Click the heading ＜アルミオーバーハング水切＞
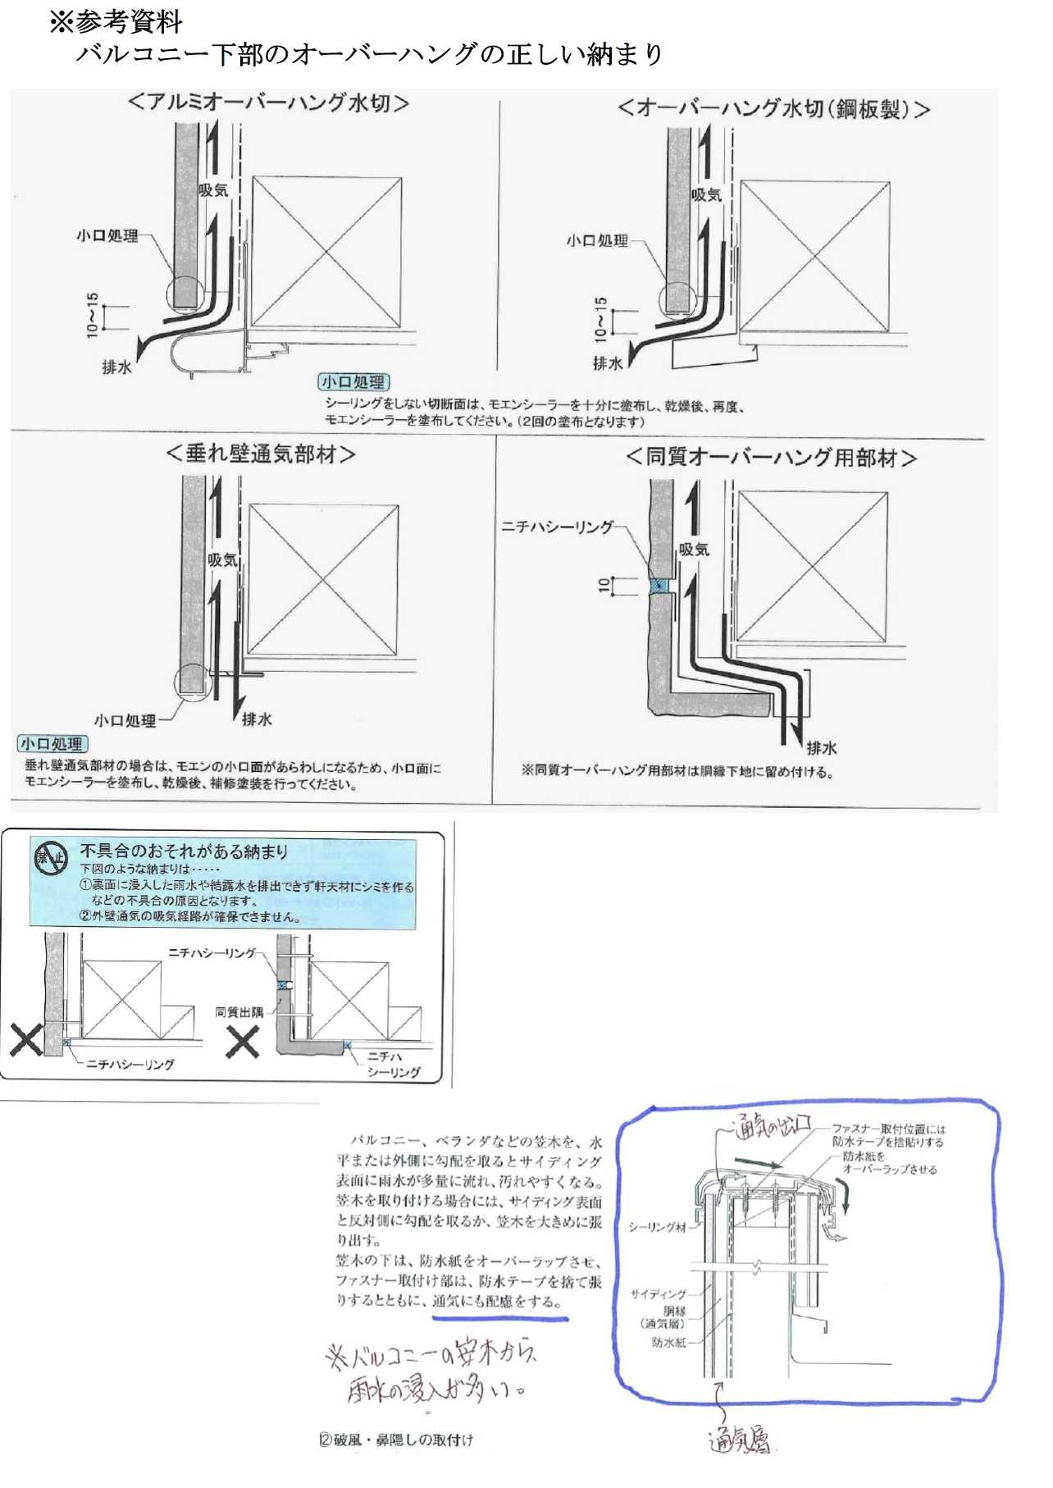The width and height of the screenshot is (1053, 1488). [x=268, y=103]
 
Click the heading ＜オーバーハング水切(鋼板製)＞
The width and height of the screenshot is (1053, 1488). [x=773, y=109]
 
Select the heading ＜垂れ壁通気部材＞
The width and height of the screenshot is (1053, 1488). [x=261, y=454]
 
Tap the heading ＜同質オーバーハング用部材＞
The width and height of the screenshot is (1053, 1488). [x=771, y=457]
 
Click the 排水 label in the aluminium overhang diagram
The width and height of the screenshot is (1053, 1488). [x=116, y=367]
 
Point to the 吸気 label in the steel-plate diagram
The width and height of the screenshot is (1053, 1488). [x=706, y=195]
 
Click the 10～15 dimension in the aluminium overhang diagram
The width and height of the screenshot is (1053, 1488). [x=92, y=315]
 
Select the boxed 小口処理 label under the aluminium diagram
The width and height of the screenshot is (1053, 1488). [x=353, y=382]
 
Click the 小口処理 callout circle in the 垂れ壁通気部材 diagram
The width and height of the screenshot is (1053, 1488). [x=192, y=682]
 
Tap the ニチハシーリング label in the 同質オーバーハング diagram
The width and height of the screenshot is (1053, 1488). [x=557, y=527]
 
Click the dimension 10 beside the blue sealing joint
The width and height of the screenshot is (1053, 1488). [x=604, y=585]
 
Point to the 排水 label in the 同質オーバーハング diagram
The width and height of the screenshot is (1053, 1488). [x=821, y=748]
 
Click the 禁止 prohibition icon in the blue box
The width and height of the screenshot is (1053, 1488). [x=51, y=858]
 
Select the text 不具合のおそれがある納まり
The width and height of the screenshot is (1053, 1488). [x=184, y=851]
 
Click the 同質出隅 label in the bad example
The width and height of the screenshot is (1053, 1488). [x=239, y=1012]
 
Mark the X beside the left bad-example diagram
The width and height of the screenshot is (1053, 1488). [x=25, y=1040]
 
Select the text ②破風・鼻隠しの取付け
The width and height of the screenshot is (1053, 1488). [x=396, y=1440]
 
